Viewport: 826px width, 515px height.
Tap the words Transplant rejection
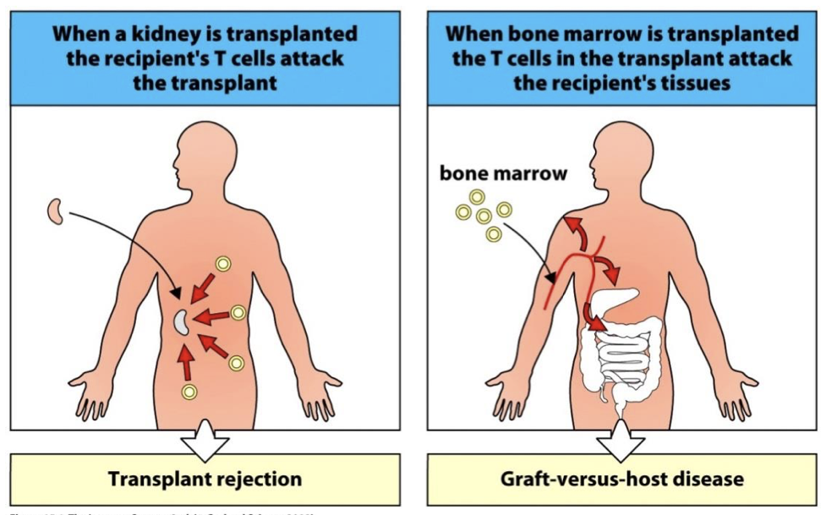[205, 479]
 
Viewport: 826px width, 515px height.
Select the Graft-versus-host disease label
[622, 479]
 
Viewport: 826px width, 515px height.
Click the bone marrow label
[503, 174]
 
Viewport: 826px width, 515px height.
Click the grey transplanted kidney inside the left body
[181, 321]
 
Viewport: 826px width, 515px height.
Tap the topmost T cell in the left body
[223, 264]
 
